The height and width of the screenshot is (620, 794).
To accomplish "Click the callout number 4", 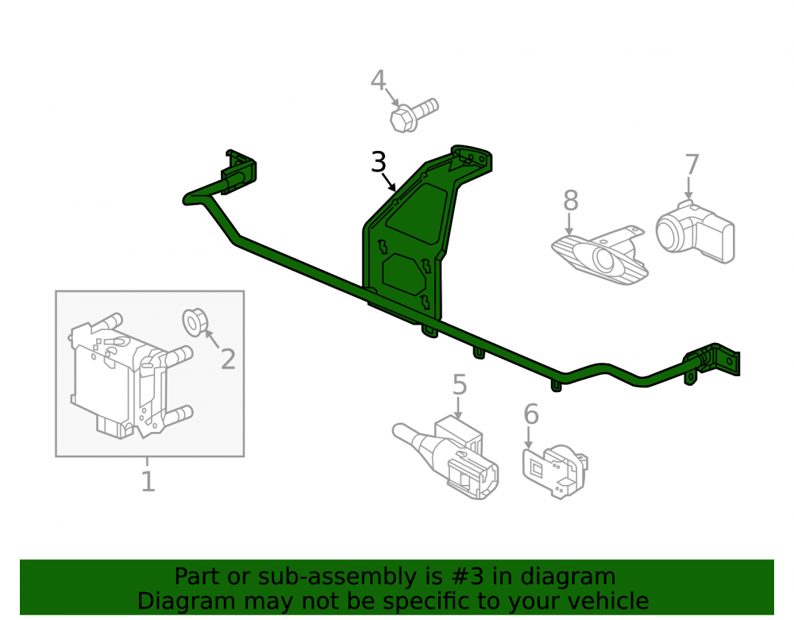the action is click(x=378, y=80).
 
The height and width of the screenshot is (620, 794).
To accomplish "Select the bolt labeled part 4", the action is click(x=413, y=115).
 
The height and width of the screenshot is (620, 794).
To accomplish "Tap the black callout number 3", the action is click(x=378, y=162).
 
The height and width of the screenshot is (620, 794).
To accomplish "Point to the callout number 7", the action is click(x=692, y=164).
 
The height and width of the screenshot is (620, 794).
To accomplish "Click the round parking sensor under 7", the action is click(x=695, y=231).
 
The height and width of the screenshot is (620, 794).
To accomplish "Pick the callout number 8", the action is click(x=571, y=200).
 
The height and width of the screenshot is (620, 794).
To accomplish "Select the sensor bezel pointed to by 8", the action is click(x=599, y=255).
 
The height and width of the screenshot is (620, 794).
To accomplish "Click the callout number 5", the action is click(x=459, y=385).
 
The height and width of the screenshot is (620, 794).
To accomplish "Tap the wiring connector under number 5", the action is click(x=446, y=457).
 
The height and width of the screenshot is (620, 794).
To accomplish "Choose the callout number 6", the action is click(x=530, y=414).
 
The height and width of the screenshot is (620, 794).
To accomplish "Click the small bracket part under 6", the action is click(x=555, y=472).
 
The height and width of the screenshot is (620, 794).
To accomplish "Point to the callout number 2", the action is click(x=228, y=360).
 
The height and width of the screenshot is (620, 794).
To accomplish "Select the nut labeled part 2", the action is click(x=195, y=322).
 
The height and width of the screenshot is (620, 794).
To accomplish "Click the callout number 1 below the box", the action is click(x=148, y=481).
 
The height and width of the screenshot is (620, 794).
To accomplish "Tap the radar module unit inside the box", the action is click(x=131, y=375).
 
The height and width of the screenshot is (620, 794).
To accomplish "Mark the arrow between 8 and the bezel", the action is click(x=569, y=224).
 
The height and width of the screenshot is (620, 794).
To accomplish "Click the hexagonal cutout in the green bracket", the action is click(x=405, y=275).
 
